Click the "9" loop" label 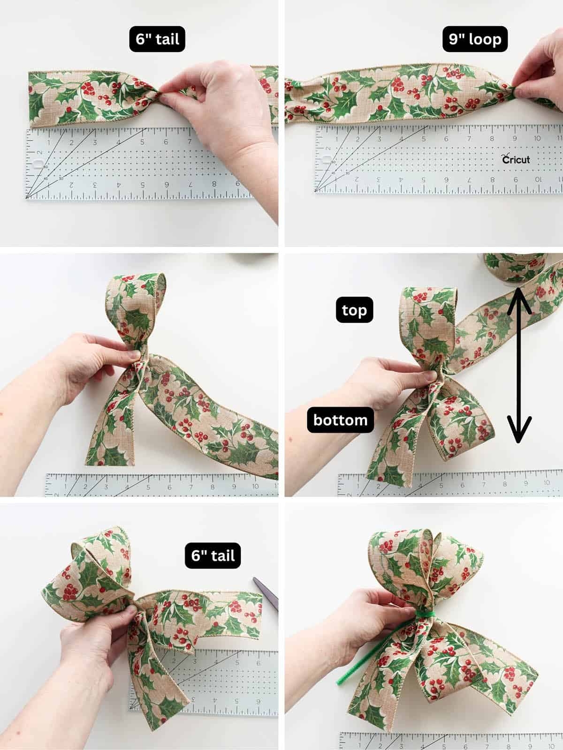pos(475,39)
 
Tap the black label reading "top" pos(354,309)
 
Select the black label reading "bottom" pos(340,420)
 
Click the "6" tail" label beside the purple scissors pos(213,555)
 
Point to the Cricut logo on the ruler pos(516,159)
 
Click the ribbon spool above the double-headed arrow pos(516,266)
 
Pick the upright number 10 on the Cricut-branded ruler pos(537,139)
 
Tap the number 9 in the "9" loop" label pos(454,39)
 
